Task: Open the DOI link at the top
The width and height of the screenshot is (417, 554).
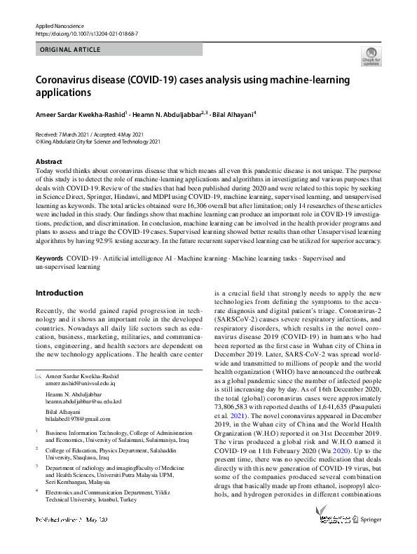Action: pyautogui.click(x=87, y=34)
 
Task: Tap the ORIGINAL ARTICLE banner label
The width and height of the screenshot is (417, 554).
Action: pyautogui.click(x=70, y=50)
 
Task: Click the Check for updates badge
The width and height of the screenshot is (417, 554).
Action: pyautogui.click(x=371, y=56)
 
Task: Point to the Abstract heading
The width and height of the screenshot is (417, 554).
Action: pyautogui.click(x=48, y=162)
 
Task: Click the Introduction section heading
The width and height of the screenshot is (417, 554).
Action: pyautogui.click(x=59, y=293)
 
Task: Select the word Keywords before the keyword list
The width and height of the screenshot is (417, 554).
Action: pyautogui.click(x=49, y=258)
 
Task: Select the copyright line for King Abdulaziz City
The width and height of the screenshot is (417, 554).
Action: pyautogui.click(x=98, y=141)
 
